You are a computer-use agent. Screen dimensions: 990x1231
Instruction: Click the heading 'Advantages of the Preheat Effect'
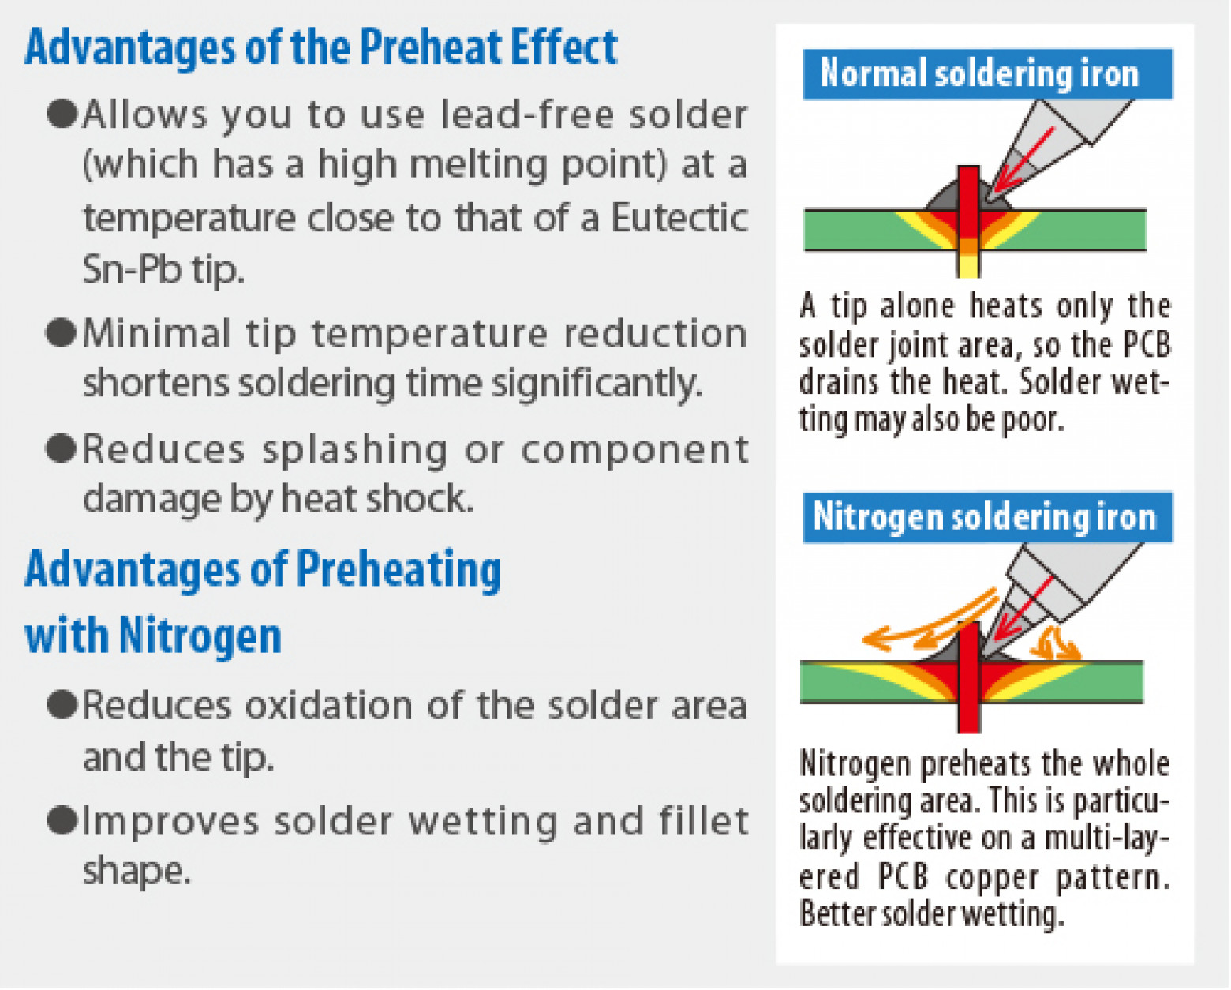pos(320,47)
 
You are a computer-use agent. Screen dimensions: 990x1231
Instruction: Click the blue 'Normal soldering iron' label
pos(979,73)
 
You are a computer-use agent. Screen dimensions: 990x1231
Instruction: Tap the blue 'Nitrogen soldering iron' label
pos(984,517)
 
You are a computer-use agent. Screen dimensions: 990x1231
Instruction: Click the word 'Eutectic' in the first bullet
pos(679,218)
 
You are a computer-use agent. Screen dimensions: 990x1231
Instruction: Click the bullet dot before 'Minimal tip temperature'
pos(61,333)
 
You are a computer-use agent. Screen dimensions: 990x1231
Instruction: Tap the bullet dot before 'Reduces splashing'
pos(61,448)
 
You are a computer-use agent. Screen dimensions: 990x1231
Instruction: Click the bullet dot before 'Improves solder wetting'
pos(61,821)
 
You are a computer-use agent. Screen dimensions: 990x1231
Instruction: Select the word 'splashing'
pos(354,450)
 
